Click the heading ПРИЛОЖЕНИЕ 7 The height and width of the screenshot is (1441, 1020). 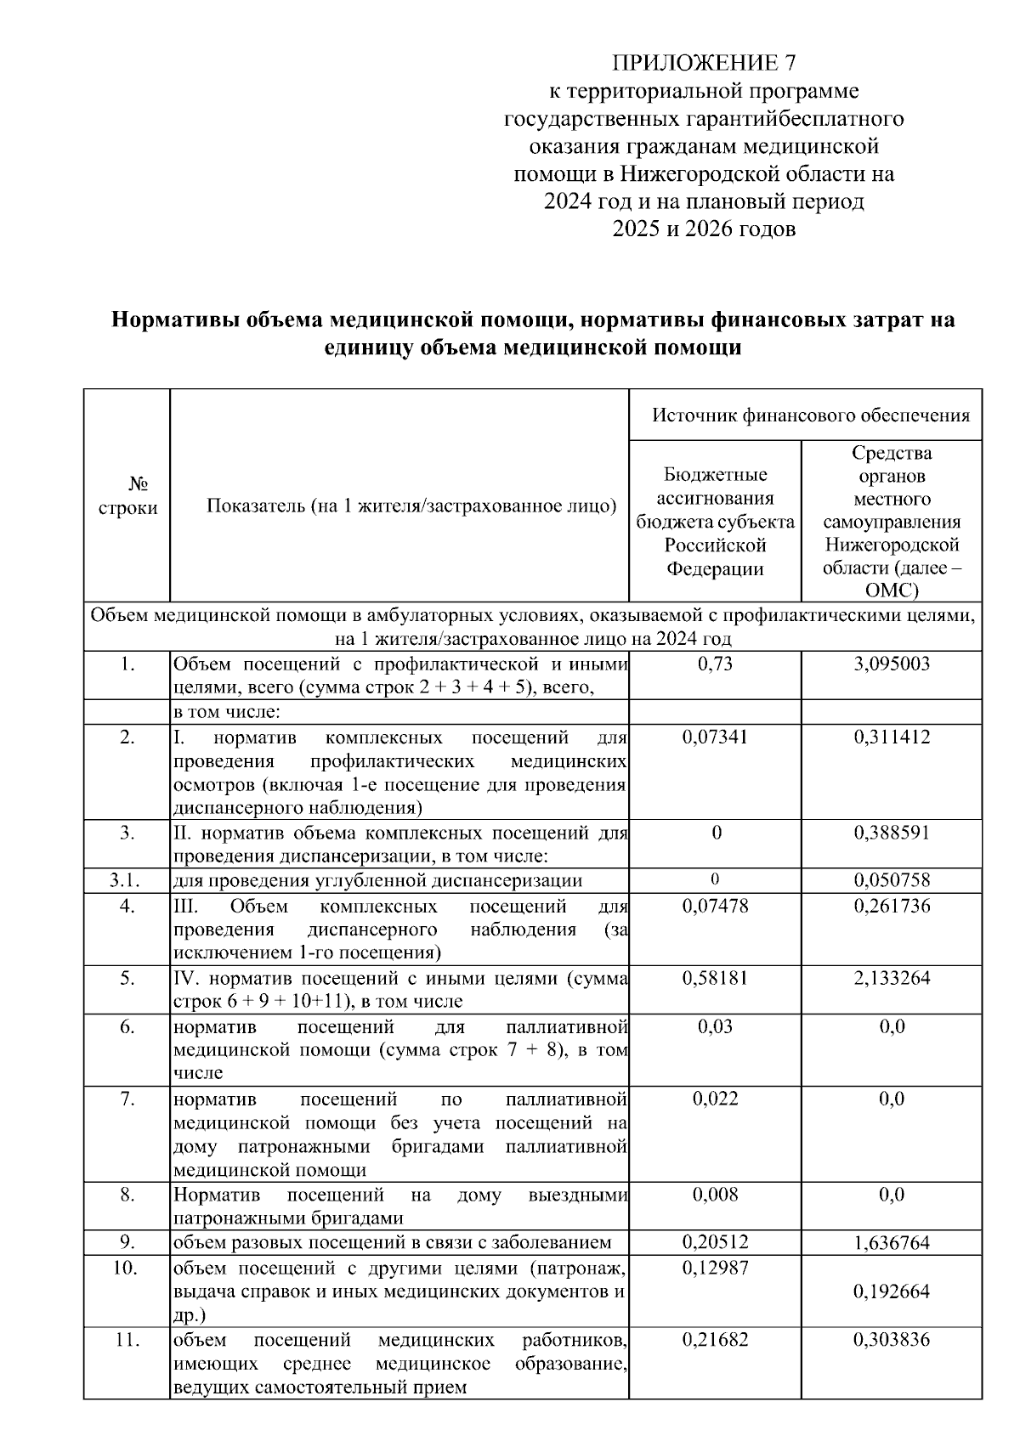tap(704, 63)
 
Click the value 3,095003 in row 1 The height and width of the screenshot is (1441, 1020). tap(892, 664)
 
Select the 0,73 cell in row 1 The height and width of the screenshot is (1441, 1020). tap(715, 664)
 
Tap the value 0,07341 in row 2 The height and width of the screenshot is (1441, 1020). tap(715, 737)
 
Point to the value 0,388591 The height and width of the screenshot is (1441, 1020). tap(892, 833)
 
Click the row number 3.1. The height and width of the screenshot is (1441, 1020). tap(127, 880)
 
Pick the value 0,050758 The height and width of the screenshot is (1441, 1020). tap(892, 880)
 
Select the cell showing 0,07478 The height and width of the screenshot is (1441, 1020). tap(715, 906)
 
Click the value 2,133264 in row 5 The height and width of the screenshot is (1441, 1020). tap(892, 978)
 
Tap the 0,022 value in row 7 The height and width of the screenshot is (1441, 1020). tap(715, 1099)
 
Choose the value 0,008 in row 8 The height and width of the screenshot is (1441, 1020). tap(715, 1195)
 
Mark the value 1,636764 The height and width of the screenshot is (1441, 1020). tap(892, 1243)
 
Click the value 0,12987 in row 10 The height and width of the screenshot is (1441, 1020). tap(715, 1268)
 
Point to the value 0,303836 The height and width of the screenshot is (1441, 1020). tap(892, 1340)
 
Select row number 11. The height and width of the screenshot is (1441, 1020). tap(127, 1340)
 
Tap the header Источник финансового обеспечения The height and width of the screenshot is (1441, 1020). tap(811, 415)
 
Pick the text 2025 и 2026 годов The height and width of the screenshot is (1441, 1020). tap(704, 229)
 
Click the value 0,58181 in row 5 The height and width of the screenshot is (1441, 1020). tap(715, 978)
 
